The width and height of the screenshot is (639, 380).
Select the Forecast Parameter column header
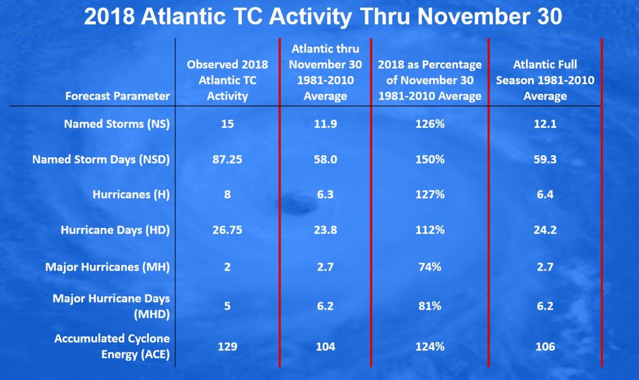[118, 96]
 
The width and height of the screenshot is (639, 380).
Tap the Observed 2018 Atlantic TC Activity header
[227, 80]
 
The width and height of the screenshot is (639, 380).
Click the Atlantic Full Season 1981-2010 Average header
[545, 80]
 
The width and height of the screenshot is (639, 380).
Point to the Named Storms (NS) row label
[117, 124]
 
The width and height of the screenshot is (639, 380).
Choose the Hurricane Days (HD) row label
[115, 230]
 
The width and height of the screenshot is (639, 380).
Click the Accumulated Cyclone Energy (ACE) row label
[112, 346]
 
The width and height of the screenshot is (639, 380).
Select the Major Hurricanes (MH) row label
[107, 267]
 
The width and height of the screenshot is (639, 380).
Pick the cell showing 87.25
[227, 159]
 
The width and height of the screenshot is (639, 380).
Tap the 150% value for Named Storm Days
[430, 159]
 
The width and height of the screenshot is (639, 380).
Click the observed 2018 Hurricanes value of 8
[227, 194]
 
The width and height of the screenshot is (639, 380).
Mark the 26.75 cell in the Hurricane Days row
[227, 230]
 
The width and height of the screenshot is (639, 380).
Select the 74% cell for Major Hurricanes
[430, 267]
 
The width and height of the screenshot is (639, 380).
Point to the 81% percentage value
[430, 306]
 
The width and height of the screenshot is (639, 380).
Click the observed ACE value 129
[227, 347]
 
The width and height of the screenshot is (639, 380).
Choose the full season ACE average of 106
[545, 347]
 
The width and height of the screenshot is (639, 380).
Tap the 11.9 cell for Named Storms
[325, 124]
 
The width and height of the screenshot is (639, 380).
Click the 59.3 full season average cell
[545, 159]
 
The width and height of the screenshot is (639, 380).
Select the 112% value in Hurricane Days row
[430, 230]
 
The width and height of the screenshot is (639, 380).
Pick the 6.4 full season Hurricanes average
[545, 194]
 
